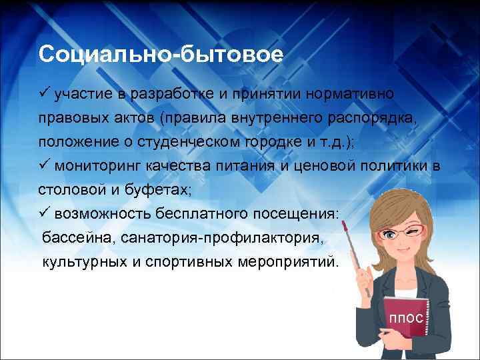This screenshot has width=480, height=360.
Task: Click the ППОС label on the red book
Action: click(406, 319)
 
